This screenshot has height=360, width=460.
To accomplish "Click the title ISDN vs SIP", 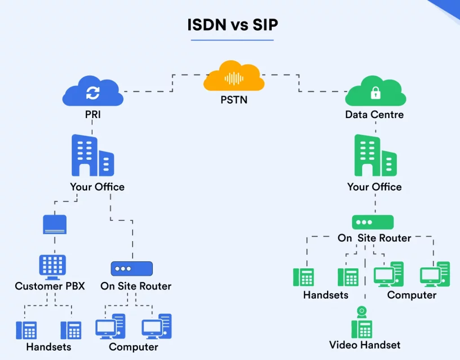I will [232, 25].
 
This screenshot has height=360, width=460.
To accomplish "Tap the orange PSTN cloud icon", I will [234, 77].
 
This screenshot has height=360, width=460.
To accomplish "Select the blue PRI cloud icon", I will [93, 92].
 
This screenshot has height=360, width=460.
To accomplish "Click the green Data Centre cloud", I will [375, 92].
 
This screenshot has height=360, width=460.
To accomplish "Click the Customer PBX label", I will [49, 286].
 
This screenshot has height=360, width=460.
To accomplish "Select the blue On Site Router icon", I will [132, 268].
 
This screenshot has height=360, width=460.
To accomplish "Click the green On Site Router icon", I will [372, 222].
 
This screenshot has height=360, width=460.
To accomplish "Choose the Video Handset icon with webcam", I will [362, 324].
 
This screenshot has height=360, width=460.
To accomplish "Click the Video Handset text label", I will [364, 345].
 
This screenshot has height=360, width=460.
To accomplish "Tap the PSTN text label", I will [234, 100].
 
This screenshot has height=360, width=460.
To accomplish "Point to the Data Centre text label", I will [374, 114].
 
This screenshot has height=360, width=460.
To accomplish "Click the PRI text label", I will [93, 114].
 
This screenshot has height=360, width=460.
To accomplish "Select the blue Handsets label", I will [49, 347].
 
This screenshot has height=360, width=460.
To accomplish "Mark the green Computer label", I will [411, 295].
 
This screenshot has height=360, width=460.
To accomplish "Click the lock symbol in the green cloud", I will [375, 93].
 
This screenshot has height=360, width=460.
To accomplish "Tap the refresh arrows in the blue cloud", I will [93, 93].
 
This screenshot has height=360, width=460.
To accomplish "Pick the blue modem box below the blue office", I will [54, 224].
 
